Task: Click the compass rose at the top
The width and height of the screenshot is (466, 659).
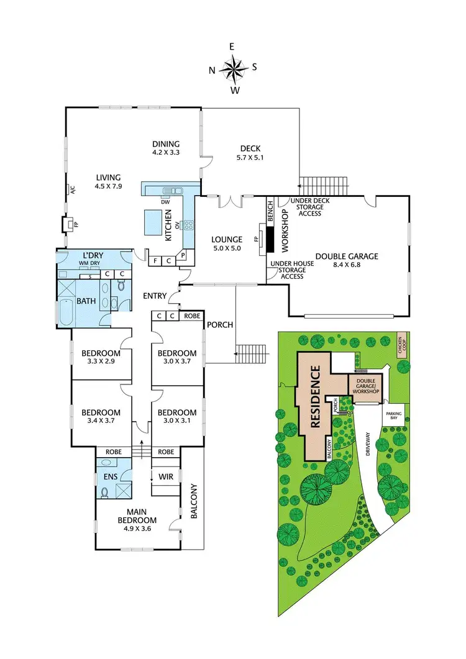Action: click(234, 68)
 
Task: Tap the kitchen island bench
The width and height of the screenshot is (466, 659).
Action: click(152, 220)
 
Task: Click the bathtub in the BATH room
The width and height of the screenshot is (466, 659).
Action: click(65, 313)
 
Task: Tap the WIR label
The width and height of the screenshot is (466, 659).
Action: click(166, 476)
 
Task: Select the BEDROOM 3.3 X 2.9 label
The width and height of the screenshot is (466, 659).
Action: click(101, 359)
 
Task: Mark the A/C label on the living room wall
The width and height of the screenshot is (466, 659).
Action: click(72, 191)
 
